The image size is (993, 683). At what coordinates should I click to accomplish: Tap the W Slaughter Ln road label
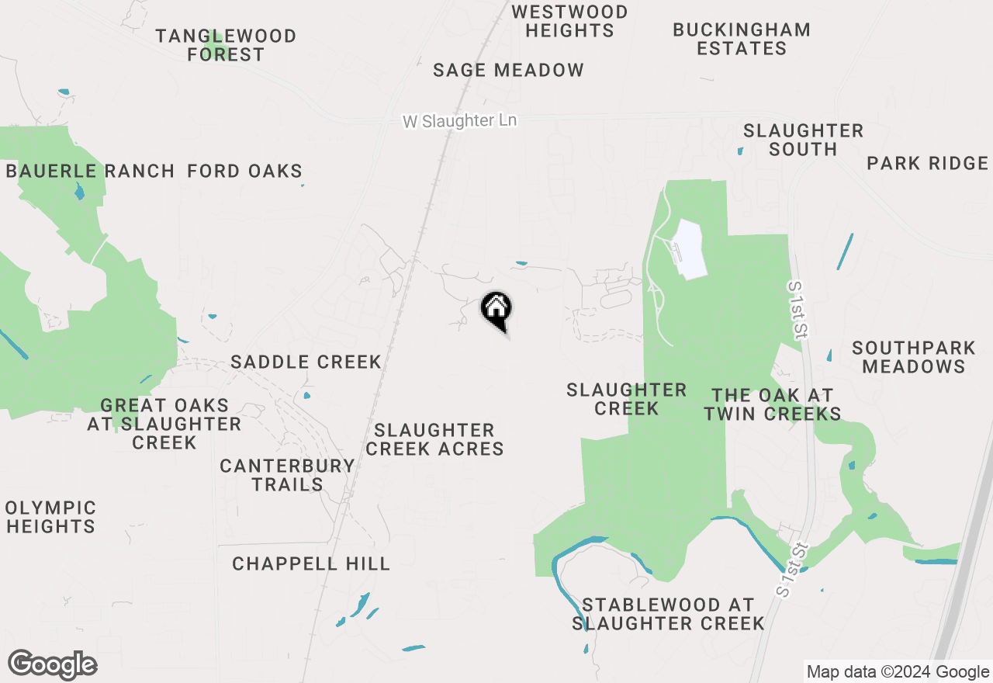459,121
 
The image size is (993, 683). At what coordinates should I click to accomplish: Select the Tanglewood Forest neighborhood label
226,45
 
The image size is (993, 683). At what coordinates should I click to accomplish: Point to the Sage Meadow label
508,70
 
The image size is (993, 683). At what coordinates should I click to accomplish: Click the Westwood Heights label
569,21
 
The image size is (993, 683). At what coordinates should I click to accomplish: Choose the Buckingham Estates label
742,39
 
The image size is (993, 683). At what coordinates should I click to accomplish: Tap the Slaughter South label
803,140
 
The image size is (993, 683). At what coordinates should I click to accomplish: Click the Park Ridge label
928,163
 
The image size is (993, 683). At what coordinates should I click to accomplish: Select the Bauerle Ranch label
90,171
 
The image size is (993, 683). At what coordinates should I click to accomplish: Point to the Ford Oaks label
244,171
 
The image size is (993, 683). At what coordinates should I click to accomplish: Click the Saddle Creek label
306,362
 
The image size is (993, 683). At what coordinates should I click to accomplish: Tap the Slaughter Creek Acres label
434,439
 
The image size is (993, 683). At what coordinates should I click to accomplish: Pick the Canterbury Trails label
287,475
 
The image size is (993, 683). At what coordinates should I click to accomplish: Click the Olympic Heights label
50,517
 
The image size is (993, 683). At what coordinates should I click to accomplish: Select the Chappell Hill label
311,563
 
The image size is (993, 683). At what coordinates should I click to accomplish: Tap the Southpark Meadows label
913,356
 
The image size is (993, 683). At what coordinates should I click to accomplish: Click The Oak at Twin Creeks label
773,404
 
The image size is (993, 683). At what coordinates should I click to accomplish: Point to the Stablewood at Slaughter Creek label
668,613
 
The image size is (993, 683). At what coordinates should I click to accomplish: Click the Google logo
52,665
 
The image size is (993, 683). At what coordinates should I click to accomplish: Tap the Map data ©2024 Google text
897,672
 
